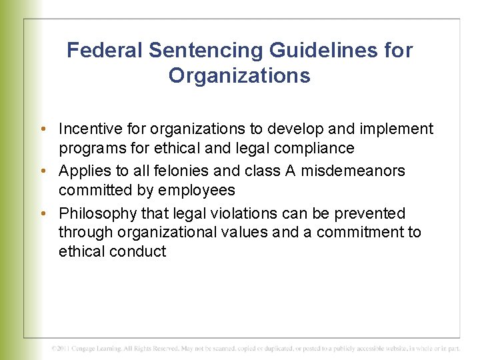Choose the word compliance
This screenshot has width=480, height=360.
point(315,148)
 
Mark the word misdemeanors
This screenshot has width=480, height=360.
point(353,171)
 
